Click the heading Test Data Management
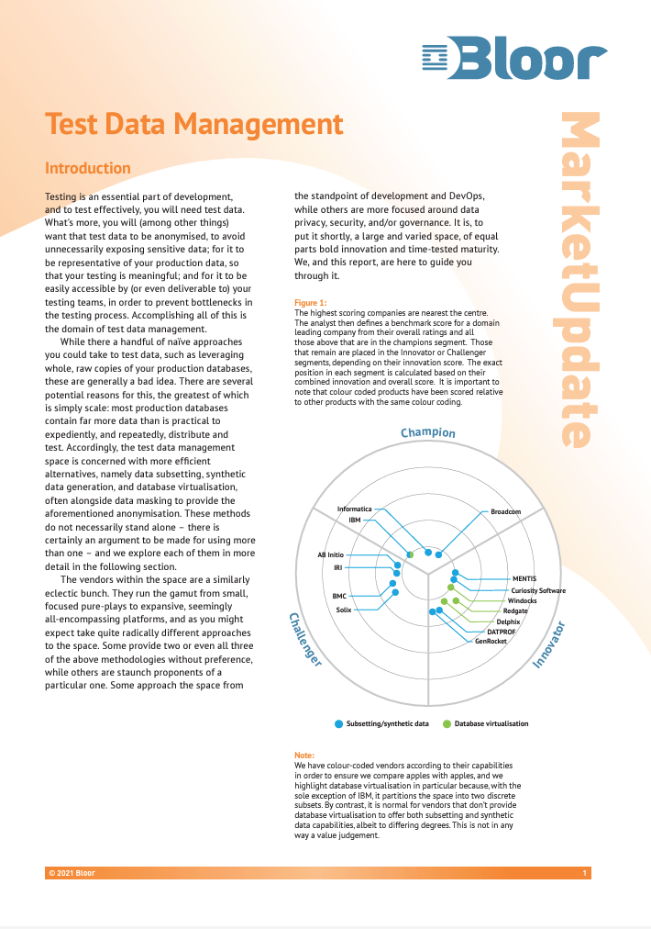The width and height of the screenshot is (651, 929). (x=194, y=123)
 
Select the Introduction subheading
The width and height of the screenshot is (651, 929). (x=88, y=168)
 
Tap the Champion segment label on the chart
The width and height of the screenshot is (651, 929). (x=427, y=432)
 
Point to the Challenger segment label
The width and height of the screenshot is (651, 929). (x=304, y=639)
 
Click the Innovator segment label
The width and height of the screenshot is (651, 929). (x=550, y=643)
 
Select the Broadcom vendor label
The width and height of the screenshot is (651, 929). (x=506, y=511)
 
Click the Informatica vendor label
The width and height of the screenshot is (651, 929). (x=355, y=509)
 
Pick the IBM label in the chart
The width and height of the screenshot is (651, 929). (x=355, y=520)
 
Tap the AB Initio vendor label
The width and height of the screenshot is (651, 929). (x=330, y=555)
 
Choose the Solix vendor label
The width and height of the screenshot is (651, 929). (x=343, y=610)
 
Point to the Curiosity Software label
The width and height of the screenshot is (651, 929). (x=538, y=590)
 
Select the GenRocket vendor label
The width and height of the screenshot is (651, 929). (x=491, y=641)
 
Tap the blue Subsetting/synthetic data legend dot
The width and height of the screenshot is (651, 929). (x=338, y=723)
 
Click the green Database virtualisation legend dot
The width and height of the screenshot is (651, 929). (x=447, y=723)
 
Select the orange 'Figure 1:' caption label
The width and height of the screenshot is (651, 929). (x=310, y=303)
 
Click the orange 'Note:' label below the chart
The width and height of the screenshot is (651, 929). (x=304, y=756)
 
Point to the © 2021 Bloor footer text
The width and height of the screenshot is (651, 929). (x=72, y=872)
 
